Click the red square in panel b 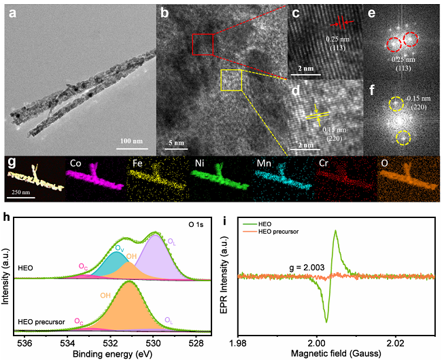coord(203,44)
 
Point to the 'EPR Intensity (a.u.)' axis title coord(229,276)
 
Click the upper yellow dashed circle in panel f coord(397,104)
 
